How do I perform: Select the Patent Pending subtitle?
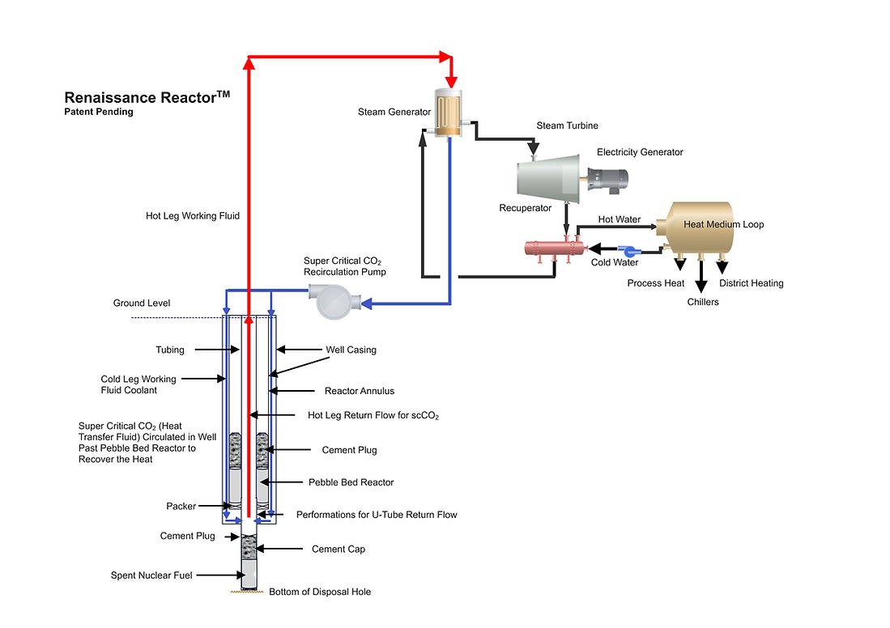click(x=99, y=112)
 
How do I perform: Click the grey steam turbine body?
click(x=547, y=178)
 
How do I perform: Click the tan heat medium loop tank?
click(x=695, y=227)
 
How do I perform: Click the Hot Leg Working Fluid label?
click(x=193, y=216)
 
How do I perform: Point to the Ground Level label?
click(x=142, y=303)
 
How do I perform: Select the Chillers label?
click(x=702, y=302)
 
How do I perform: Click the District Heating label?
click(x=751, y=283)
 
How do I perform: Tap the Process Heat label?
click(x=656, y=283)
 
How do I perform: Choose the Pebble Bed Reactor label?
click(x=351, y=482)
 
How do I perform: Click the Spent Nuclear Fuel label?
click(x=151, y=576)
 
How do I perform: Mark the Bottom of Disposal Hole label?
click(x=320, y=592)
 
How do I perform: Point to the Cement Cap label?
click(x=339, y=549)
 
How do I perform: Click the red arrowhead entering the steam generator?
click(x=451, y=81)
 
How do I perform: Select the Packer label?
click(x=181, y=507)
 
